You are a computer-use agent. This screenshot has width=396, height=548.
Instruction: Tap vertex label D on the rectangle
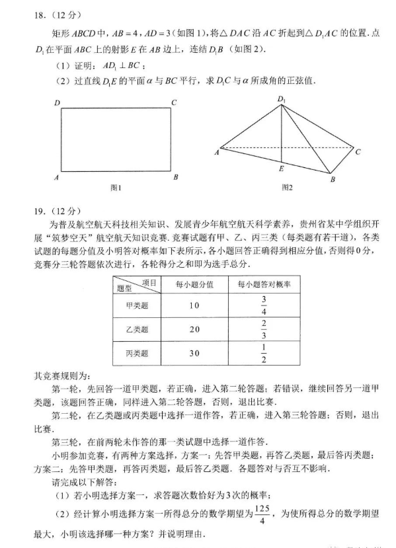(x=58, y=102)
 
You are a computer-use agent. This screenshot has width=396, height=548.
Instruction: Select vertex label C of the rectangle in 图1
(x=173, y=102)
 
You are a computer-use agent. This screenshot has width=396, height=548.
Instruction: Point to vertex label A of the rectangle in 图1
(x=58, y=177)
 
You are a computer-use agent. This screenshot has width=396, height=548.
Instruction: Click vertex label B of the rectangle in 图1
(x=175, y=177)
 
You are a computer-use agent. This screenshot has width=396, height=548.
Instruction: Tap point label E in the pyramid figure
(x=281, y=170)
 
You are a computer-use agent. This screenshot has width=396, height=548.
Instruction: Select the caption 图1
(x=116, y=188)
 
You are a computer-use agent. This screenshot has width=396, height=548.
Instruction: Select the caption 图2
(x=286, y=188)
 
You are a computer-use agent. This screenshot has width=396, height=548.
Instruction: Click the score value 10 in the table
(x=194, y=305)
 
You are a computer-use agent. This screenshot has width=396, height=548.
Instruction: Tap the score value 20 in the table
(x=194, y=329)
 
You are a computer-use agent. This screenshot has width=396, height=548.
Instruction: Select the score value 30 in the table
(x=194, y=354)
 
